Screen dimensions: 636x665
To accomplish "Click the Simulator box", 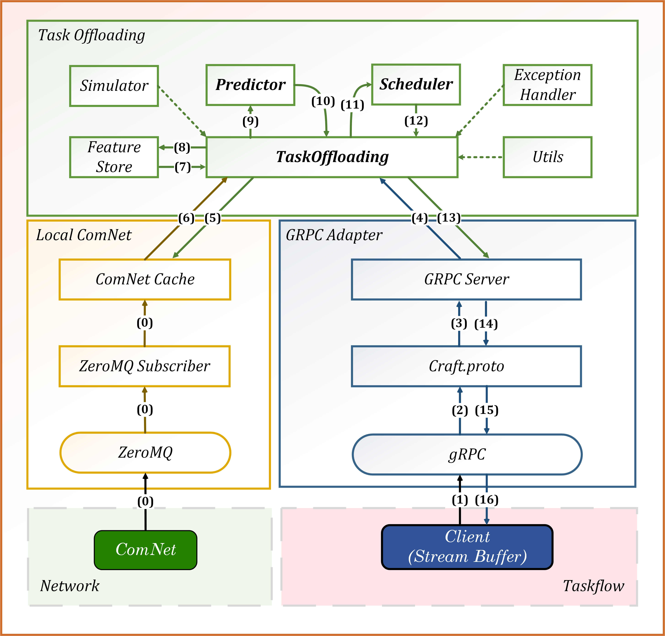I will [114, 86].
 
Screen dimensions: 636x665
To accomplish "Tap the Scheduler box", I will [416, 84].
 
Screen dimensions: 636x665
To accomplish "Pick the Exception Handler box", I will [547, 85].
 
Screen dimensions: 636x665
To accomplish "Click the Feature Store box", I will [114, 157].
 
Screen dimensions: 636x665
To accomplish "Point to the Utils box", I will [547, 157].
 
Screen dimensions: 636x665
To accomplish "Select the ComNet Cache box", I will [145, 279].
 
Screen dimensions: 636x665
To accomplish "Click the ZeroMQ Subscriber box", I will [145, 366].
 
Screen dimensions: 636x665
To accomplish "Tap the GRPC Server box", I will [466, 279].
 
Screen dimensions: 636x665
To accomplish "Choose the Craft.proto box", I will [466, 366].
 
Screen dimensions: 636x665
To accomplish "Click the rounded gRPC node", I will [467, 454].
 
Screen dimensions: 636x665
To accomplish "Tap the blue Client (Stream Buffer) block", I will [467, 547].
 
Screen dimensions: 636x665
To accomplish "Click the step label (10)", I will [323, 101].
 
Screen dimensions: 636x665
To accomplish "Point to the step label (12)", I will [416, 121].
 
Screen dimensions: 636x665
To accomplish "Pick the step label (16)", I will [487, 500].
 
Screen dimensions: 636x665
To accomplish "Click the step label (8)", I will [182, 147].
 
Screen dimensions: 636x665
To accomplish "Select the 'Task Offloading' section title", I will [91, 35].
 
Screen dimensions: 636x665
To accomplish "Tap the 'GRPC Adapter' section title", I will [334, 235].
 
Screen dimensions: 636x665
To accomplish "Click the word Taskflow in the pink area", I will [593, 586].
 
